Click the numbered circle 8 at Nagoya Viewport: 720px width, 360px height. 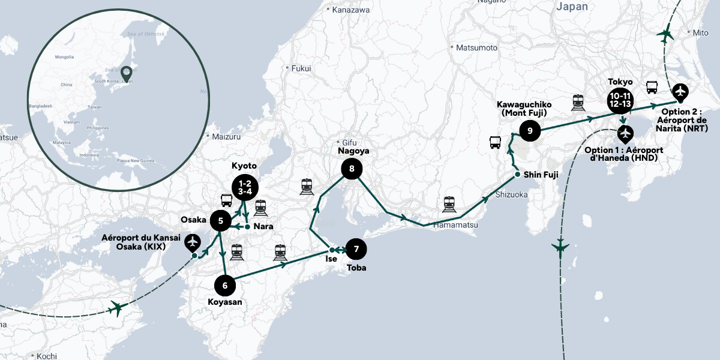pyautogui.click(x=352, y=169)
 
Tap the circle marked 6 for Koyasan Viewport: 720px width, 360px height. pyautogui.click(x=225, y=285)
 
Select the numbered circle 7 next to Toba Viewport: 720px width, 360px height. pyautogui.click(x=356, y=248)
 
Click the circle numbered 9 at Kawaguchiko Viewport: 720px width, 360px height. pyautogui.click(x=530, y=130)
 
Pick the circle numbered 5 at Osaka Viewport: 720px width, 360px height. pyautogui.click(x=221, y=221)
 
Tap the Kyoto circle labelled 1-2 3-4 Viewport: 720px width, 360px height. pyautogui.click(x=244, y=186)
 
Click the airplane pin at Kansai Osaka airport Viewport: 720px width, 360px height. pyautogui.click(x=193, y=242)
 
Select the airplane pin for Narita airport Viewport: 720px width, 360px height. pyautogui.click(x=680, y=92)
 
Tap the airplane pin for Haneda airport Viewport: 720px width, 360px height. pyautogui.click(x=625, y=133)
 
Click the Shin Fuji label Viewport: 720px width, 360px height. pyautogui.click(x=540, y=175)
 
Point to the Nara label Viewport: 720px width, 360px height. pyautogui.click(x=263, y=226)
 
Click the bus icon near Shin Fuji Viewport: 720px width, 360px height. pyautogui.click(x=496, y=143)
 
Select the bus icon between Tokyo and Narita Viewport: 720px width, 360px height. pyautogui.click(x=652, y=88)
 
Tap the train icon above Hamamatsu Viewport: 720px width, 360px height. pyautogui.click(x=449, y=205)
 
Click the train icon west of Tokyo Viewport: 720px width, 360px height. pyautogui.click(x=578, y=103)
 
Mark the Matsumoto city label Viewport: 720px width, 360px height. pyautogui.click(x=476, y=47)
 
